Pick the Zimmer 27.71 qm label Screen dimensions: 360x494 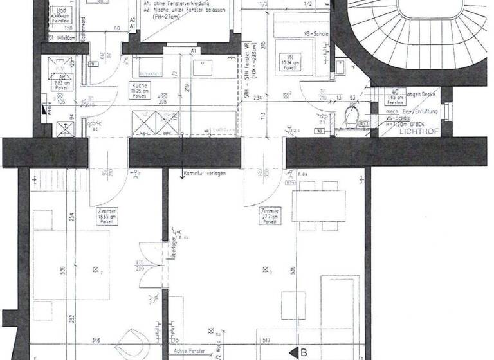click(x=270, y=215)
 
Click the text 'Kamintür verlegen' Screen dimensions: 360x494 click(x=204, y=174)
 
